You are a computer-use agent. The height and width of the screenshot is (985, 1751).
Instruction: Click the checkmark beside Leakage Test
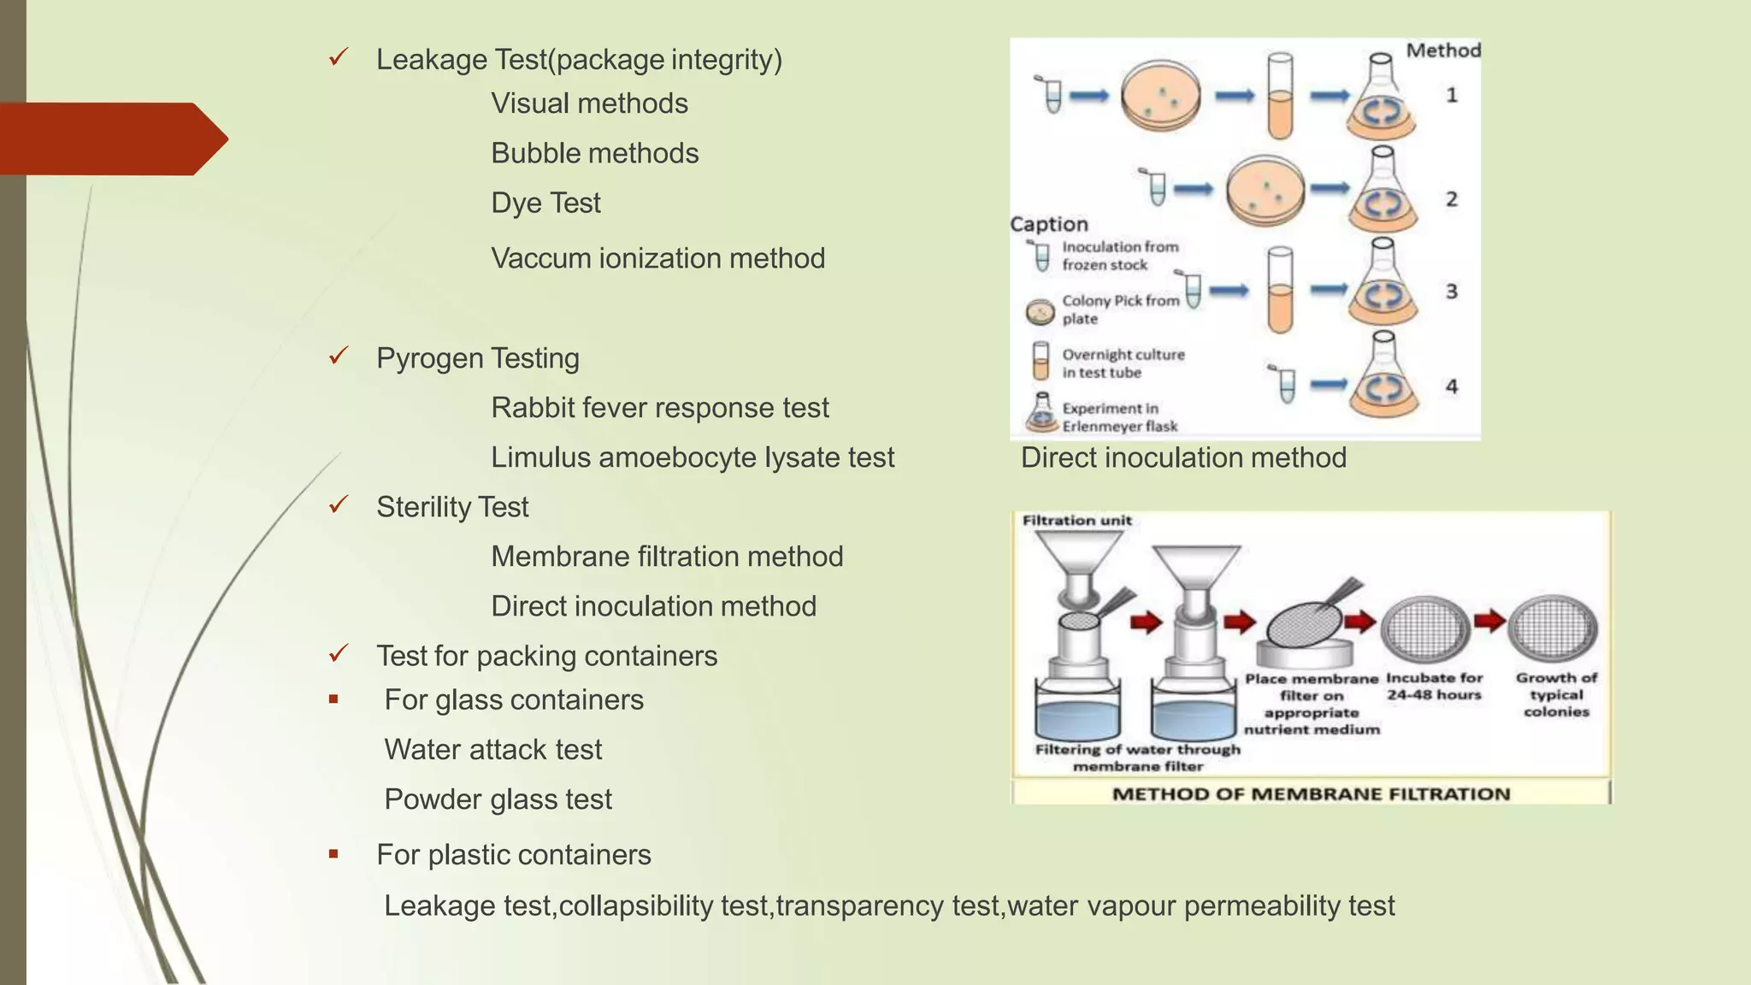tap(339, 58)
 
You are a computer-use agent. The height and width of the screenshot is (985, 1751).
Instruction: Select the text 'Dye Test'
tap(545, 203)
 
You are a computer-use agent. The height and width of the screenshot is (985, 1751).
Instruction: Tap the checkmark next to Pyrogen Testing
tap(339, 356)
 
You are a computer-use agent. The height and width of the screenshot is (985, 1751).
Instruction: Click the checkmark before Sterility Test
tap(339, 504)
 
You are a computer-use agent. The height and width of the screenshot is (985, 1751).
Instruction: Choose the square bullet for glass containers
tap(333, 699)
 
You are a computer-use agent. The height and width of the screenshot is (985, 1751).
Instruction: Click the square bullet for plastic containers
tap(333, 854)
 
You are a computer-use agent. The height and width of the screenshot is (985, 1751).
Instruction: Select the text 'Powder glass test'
tap(498, 799)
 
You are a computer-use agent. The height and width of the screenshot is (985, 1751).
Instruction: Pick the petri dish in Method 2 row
tap(1265, 190)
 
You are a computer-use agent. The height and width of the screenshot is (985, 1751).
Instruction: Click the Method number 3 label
tap(1452, 292)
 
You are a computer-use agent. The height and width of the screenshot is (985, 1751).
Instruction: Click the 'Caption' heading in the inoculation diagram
tap(1049, 224)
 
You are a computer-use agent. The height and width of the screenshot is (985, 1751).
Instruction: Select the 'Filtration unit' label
tap(1076, 520)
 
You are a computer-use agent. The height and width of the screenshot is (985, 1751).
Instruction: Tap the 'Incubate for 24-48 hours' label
tap(1434, 687)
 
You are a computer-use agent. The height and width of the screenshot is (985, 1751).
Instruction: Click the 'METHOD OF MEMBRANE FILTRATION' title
tap(1311, 793)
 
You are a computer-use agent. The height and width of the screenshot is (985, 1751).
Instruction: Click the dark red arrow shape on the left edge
tap(111, 139)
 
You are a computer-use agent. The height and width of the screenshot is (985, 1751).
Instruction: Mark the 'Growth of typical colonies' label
tap(1556, 694)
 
